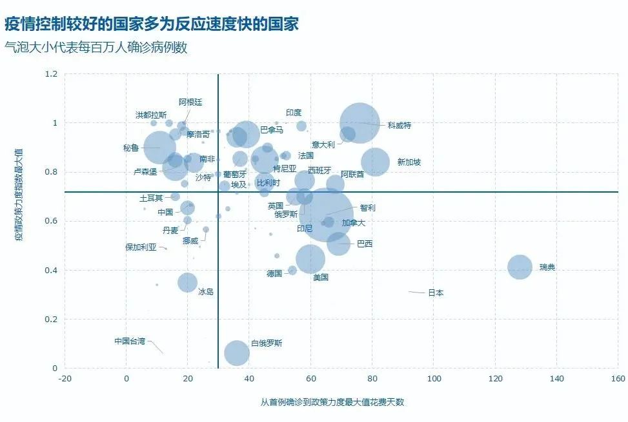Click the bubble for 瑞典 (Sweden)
(520, 267)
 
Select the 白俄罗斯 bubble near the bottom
(237, 352)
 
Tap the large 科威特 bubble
(360, 122)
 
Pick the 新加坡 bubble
(376, 162)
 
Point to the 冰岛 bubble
(187, 282)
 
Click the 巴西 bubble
(339, 244)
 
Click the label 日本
(436, 293)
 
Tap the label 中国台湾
(130, 341)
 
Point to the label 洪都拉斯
(151, 115)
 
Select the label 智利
(367, 207)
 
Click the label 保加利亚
(141, 247)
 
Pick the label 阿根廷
(190, 102)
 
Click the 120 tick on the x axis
(495, 378)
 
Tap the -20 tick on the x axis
(65, 378)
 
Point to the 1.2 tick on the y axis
(51, 74)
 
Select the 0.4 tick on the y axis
(51, 271)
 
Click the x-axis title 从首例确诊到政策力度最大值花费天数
(332, 402)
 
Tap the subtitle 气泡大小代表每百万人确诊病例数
(96, 48)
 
